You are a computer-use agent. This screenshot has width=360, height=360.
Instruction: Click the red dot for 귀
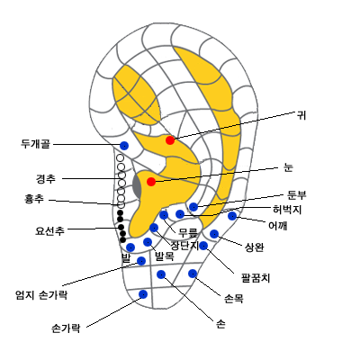(x=170, y=140)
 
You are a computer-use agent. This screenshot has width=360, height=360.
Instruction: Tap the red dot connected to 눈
(x=151, y=182)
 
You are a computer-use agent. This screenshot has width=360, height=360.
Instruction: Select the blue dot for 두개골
(x=124, y=146)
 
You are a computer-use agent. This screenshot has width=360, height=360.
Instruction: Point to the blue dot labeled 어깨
(x=232, y=216)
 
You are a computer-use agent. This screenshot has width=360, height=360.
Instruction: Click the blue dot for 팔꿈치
(x=203, y=246)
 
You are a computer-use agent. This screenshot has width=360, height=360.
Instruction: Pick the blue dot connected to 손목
(x=193, y=274)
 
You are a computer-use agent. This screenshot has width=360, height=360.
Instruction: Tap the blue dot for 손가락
(x=143, y=294)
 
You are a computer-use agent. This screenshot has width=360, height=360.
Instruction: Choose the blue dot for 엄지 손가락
(x=141, y=261)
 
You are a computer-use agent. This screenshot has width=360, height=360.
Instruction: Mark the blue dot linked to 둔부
(x=193, y=207)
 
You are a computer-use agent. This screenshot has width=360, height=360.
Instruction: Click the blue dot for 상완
(x=214, y=234)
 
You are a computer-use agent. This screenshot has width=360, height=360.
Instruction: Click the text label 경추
(x=46, y=179)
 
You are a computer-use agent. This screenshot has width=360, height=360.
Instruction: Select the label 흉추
(x=34, y=199)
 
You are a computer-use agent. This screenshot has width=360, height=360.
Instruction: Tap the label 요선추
(x=49, y=230)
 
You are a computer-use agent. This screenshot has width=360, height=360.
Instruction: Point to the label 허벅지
(x=287, y=210)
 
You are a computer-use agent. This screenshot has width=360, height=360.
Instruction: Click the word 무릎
(x=188, y=232)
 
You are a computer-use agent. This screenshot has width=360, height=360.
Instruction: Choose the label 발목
(x=164, y=256)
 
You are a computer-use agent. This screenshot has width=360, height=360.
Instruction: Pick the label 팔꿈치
(x=256, y=278)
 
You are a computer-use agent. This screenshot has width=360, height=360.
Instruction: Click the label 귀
(x=301, y=115)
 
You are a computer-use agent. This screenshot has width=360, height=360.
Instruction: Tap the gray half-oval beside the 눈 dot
(x=137, y=185)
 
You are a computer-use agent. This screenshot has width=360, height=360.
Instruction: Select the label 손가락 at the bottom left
(x=66, y=328)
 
